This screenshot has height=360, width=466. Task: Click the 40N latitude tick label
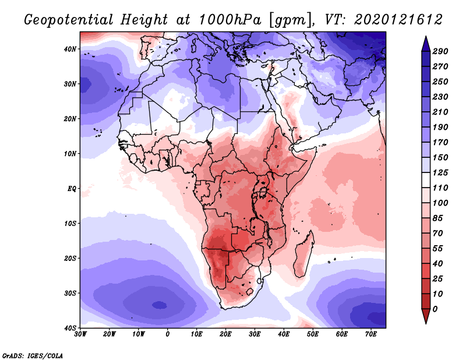pos(70,49)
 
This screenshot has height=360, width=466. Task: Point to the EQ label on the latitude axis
pos(72,189)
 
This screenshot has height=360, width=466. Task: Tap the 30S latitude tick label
pos(70,293)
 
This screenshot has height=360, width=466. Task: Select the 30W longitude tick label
pos(80,334)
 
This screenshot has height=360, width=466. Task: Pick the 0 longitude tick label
pos(168,334)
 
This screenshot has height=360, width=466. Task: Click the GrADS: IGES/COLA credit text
pos(33,354)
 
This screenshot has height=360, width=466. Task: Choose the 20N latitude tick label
pos(70,119)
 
